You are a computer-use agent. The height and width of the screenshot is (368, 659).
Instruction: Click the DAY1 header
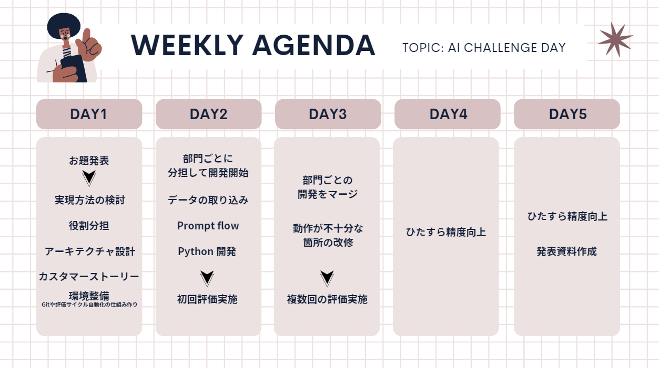click(89, 114)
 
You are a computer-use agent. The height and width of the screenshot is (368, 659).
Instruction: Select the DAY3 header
click(328, 114)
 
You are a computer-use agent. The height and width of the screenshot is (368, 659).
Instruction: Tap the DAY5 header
click(567, 114)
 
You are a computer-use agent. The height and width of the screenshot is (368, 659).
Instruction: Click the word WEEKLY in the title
click(187, 45)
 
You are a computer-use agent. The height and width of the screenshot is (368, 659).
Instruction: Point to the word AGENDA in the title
click(313, 45)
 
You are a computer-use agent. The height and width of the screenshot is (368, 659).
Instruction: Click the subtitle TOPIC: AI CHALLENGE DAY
click(484, 48)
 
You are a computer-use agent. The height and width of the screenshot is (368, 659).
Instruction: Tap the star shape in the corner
click(615, 39)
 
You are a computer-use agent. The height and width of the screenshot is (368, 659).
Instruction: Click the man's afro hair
click(64, 25)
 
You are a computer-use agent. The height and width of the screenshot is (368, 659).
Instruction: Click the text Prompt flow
click(208, 226)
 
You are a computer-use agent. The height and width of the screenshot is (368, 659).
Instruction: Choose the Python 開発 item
click(207, 251)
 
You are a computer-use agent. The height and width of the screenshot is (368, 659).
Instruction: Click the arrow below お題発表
click(89, 178)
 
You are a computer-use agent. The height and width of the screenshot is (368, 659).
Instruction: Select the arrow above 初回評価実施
click(207, 278)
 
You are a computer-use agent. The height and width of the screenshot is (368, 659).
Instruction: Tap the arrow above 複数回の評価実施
click(327, 278)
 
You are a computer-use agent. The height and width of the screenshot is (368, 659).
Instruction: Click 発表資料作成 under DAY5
click(566, 251)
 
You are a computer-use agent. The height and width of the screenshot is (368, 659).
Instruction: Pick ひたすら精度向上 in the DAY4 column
click(446, 233)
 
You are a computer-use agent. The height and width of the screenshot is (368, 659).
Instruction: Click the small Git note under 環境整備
click(89, 304)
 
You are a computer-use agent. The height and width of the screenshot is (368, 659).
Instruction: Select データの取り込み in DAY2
click(208, 201)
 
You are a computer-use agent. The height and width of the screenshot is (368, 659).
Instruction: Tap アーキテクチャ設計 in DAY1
click(90, 251)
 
